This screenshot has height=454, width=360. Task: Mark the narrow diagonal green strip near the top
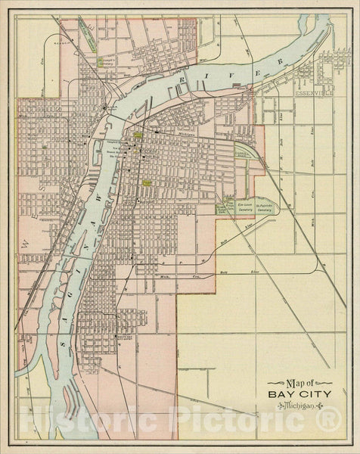tap(88, 36)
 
